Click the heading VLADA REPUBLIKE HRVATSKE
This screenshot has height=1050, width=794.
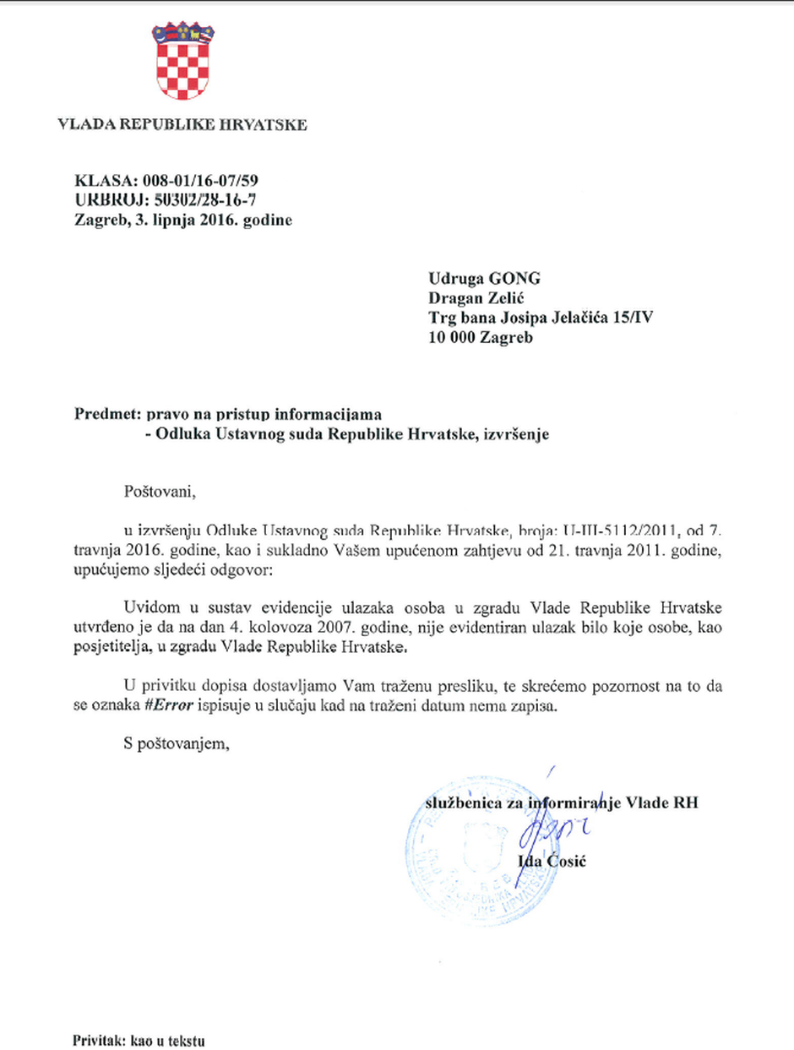click(182, 126)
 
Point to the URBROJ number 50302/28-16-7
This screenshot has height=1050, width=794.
click(203, 200)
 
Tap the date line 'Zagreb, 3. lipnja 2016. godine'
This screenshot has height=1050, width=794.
click(183, 220)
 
